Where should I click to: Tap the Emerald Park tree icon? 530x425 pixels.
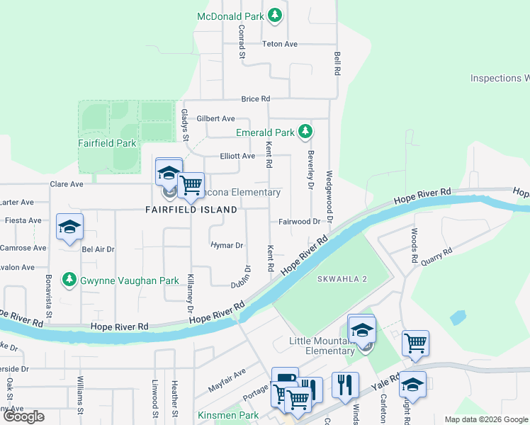click(305, 132)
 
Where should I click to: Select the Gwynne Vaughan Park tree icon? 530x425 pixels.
click(69, 280)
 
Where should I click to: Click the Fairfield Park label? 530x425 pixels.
click(107, 143)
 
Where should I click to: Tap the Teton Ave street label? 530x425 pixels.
click(280, 44)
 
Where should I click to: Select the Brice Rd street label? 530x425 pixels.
click(256, 99)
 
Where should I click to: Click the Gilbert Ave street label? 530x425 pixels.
click(215, 118)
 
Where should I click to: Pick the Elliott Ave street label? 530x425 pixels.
click(237, 156)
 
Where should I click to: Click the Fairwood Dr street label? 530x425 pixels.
click(299, 221)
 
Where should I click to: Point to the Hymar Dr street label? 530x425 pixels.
click(227, 245)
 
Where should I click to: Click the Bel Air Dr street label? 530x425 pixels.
click(98, 249)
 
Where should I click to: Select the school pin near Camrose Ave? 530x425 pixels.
click(70, 227)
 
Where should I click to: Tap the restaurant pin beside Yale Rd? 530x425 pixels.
click(345, 385)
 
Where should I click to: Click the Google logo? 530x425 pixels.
click(23, 416)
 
